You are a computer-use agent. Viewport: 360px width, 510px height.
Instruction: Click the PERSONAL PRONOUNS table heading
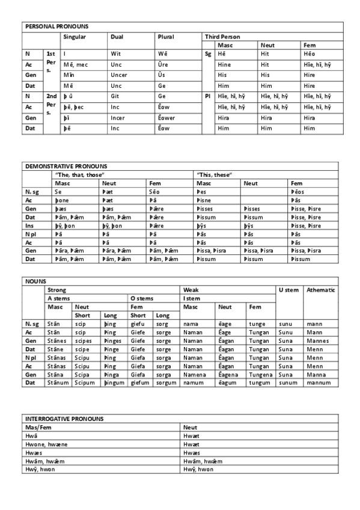pos(56,27)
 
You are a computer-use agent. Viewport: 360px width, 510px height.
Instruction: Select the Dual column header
pos(117,37)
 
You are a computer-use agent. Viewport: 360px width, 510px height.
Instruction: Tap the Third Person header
pos(222,37)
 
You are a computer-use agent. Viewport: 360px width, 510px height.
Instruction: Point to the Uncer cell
pos(118,75)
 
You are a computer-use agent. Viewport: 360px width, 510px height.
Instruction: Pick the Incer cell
pos(118,118)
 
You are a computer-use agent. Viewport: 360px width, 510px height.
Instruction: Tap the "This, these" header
pos(215,174)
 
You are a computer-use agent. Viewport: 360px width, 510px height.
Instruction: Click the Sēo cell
pos(154,191)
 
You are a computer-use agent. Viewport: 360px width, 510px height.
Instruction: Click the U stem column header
pos(288,290)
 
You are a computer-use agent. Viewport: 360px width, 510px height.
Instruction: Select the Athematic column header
pos(320,290)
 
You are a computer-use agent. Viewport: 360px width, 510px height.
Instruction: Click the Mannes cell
pos(318,340)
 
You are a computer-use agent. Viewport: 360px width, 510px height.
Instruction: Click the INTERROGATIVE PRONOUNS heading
pos(64,419)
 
